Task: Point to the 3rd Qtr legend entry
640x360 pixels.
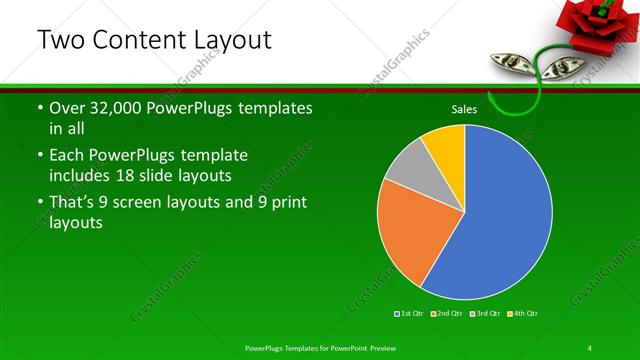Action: [x=484, y=313]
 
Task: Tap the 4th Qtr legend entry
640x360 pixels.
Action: [x=523, y=313]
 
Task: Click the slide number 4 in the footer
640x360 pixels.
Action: [x=589, y=347]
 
